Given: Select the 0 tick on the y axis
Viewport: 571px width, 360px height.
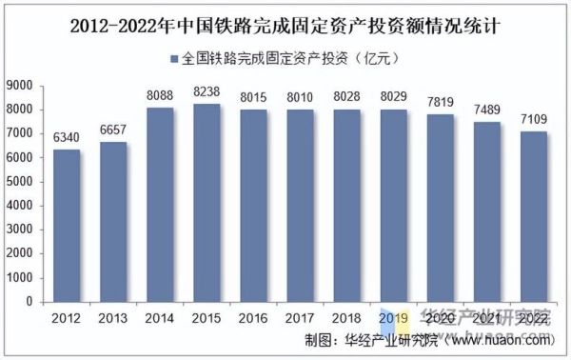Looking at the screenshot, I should (29, 302).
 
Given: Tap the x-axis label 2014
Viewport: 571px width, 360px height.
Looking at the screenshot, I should (160, 317).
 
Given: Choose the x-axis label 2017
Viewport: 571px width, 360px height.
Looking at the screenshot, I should (299, 317).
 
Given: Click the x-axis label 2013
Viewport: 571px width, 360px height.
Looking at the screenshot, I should (113, 317).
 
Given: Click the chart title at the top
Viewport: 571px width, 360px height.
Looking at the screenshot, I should (285, 27).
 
